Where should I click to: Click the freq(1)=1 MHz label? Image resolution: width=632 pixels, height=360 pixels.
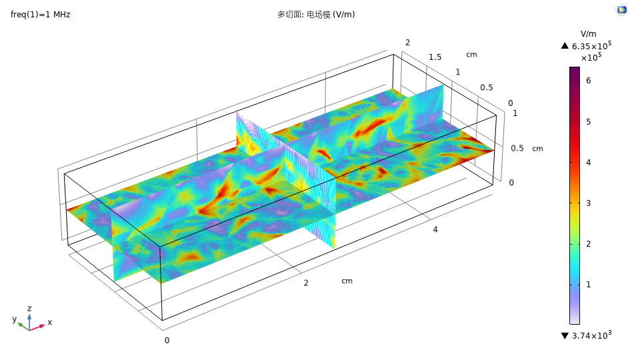pos(40,15)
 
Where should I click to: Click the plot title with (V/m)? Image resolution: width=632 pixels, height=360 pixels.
pos(316,15)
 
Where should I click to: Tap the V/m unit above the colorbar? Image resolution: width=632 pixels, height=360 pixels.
pos(588,34)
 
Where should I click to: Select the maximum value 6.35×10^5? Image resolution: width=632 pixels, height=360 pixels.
pos(591,45)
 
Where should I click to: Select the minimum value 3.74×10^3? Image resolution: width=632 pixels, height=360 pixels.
pos(591,335)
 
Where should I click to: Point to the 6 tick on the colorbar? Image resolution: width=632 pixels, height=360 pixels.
pos(589,81)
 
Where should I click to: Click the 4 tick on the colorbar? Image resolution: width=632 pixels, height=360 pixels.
pos(589,163)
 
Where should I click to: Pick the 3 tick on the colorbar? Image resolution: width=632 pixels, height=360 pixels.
pos(589,203)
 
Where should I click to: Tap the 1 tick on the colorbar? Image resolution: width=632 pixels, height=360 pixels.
pos(589,285)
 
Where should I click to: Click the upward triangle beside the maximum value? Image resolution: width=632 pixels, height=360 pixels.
pos(565,46)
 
